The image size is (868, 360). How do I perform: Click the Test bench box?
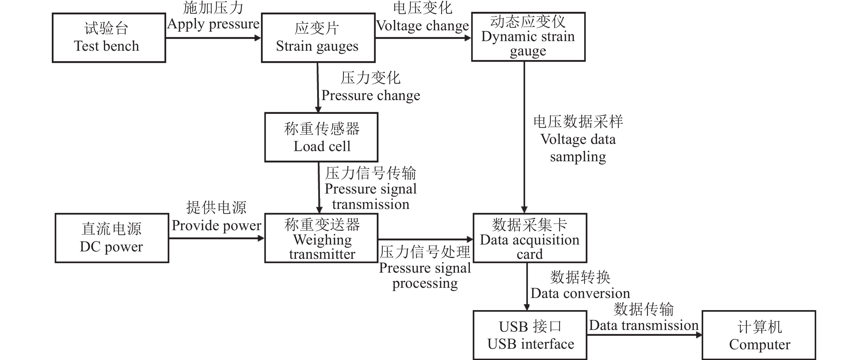coord(109,38)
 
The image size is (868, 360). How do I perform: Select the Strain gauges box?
coord(318,38)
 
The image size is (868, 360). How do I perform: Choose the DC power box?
coord(112,238)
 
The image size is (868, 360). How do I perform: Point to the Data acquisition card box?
coord(530,238)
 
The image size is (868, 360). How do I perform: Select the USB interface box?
coord(530,335)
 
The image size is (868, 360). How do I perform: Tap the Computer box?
coord(759,335)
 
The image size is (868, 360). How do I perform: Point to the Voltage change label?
coord(422,26)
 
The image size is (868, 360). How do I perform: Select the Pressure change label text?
coord(371,95)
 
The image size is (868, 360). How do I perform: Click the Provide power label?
coord(216,225)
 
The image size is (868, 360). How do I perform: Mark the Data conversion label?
coord(580,293)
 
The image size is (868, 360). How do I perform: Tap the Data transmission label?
coord(644,325)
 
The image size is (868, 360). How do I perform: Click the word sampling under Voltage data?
coord(578,157)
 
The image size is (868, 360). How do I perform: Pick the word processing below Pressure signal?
coord(425,283)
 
